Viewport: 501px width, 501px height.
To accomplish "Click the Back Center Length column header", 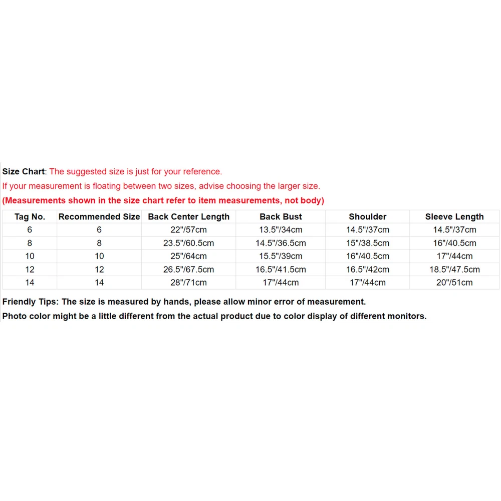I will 188,217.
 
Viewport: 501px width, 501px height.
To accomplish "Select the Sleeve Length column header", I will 454,217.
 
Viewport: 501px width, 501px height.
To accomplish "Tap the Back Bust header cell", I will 281,217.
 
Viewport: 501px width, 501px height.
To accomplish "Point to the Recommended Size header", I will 99,217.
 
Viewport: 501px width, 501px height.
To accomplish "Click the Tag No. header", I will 30,217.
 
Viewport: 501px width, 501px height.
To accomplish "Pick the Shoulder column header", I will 367,217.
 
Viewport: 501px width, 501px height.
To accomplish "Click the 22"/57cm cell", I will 188,230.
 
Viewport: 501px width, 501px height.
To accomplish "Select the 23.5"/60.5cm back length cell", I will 188,243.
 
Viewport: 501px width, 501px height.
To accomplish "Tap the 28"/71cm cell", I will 188,283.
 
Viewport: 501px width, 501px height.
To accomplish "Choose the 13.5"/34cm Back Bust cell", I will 281,230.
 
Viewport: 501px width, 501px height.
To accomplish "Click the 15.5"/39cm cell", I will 281,256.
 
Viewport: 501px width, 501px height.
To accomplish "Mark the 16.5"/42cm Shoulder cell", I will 367,270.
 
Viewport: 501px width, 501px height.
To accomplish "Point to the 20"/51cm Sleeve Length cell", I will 454,283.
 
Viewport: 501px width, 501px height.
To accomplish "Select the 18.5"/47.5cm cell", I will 454,270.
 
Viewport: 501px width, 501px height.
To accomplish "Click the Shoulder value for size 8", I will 367,243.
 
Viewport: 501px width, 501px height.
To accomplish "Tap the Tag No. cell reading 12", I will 30,270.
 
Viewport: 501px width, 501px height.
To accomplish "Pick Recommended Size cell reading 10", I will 99,256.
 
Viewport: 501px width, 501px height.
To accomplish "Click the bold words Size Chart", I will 24,172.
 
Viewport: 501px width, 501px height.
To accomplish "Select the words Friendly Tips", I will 30,302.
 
